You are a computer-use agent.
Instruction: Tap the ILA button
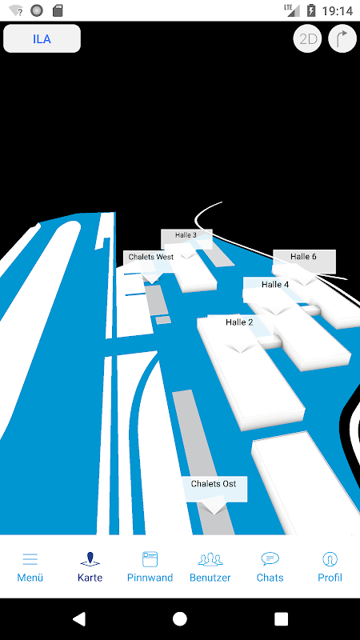42,38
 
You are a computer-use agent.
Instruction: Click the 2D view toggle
308,38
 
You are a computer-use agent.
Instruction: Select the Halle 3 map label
186,235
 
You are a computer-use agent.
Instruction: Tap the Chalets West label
151,257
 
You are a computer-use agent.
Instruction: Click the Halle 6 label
304,257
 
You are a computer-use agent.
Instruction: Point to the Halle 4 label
275,285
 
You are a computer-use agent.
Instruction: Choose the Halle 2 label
239,322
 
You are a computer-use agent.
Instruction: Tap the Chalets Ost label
214,484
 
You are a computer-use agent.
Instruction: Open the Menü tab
30,567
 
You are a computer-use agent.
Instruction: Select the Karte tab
90,567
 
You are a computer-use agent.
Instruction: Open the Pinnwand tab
150,567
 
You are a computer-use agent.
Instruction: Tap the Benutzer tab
210,567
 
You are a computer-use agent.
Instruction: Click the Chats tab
270,567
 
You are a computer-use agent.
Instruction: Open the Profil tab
330,567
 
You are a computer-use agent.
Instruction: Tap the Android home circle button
180,618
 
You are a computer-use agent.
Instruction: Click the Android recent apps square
282,618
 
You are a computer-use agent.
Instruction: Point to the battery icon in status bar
311,10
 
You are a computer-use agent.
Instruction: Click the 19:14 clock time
337,10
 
